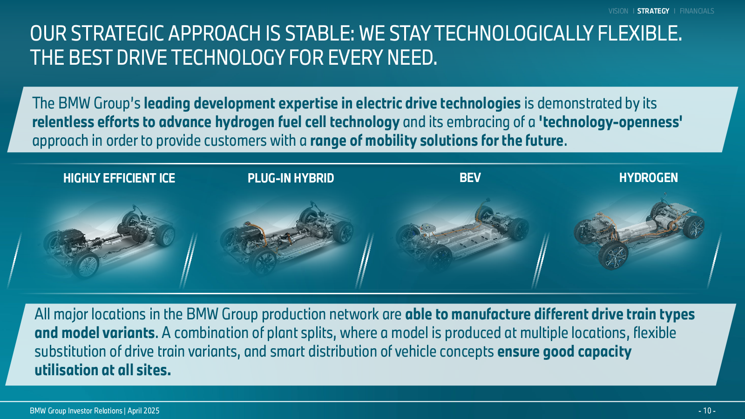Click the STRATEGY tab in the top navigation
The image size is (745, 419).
click(653, 11)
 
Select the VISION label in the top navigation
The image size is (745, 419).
click(618, 11)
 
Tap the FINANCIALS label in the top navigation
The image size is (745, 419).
click(697, 11)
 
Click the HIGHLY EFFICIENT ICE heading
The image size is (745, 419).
click(119, 178)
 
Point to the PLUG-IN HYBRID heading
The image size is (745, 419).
click(291, 178)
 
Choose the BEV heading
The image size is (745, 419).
click(470, 177)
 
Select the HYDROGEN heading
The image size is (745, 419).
click(648, 177)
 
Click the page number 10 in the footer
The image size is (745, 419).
click(707, 411)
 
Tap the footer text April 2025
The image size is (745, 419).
click(143, 411)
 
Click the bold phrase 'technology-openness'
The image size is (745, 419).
click(610, 122)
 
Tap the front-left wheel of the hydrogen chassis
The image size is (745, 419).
click(613, 256)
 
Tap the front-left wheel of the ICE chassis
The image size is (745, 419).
click(86, 264)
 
